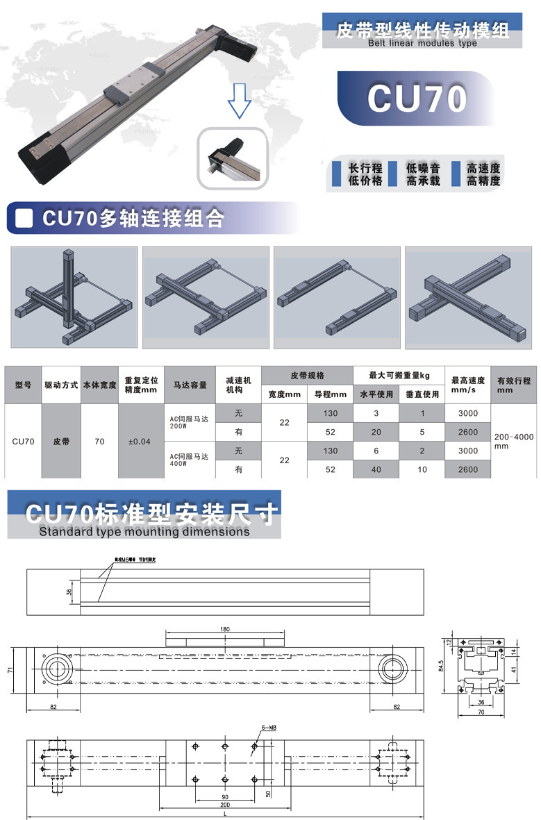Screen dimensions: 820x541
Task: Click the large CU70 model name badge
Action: tap(417, 99)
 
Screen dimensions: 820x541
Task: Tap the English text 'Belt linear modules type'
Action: tap(422, 43)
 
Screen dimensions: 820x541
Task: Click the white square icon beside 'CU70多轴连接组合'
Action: tap(25, 218)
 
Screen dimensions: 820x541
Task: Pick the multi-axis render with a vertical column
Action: tap(74, 297)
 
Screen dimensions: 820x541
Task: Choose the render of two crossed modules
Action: tap(468, 297)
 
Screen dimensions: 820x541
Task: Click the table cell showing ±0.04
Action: tap(141, 442)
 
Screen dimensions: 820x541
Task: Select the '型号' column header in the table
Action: tap(23, 384)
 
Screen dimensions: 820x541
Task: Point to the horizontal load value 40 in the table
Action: tap(376, 470)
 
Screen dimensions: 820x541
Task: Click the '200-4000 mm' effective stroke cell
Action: tap(513, 442)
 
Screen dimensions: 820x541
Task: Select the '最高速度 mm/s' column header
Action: tap(467, 385)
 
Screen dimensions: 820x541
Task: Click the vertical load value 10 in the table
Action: tap(422, 470)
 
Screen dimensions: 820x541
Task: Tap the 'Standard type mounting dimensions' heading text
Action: tap(144, 532)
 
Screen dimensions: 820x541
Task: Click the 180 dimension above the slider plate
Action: tap(224, 629)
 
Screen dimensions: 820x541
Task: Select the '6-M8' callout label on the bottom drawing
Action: tap(269, 727)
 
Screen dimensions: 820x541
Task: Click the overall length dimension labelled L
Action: tap(224, 813)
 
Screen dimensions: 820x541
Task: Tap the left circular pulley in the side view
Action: tap(56, 669)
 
